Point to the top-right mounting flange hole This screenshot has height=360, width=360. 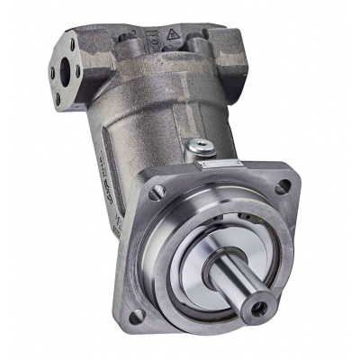pyautogui.click(x=283, y=186)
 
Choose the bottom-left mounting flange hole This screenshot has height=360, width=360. pyautogui.click(x=137, y=315)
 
